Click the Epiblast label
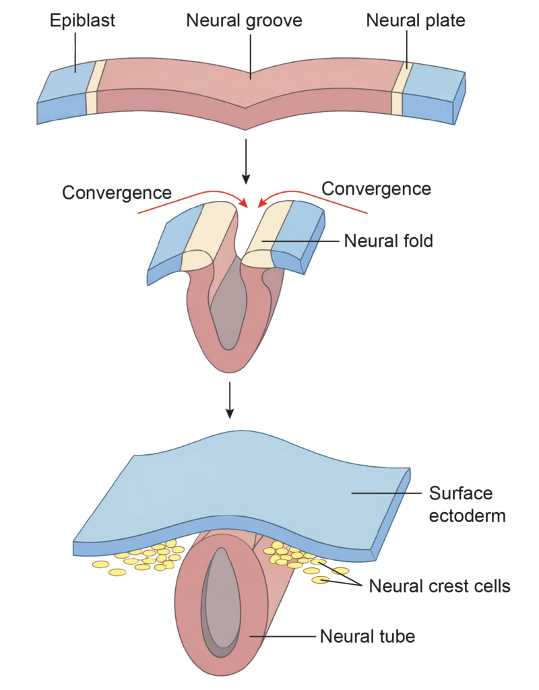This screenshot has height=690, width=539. tap(82, 20)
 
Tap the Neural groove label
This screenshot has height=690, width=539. tap(244, 20)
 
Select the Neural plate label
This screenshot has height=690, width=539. tap(416, 20)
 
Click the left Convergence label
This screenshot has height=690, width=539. tap(117, 192)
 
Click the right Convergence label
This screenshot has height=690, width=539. tap(376, 188)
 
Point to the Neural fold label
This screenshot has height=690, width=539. tap(388, 240)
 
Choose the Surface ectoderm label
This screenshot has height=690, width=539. tap(461, 504)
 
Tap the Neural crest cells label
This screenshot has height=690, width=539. tap(439, 586)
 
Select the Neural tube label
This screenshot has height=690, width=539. tap(367, 635)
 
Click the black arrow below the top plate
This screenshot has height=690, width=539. tap(246, 161)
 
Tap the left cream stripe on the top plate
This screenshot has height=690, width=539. tap(94, 88)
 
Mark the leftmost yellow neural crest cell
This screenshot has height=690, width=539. tap(100, 564)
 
